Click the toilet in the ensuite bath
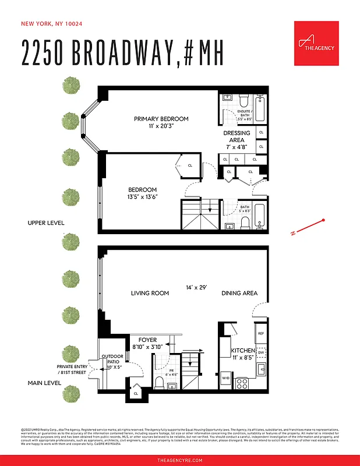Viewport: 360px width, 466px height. click(243, 102)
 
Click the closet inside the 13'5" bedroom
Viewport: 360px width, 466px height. click(188, 165)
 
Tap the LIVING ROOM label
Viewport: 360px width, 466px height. click(150, 293)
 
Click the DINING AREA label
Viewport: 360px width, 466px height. click(239, 293)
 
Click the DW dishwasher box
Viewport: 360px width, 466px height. click(261, 352)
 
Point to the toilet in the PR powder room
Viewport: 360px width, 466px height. click(159, 382)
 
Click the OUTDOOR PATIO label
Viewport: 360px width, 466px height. click(112, 362)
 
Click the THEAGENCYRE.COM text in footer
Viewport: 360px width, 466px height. click(180, 460)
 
